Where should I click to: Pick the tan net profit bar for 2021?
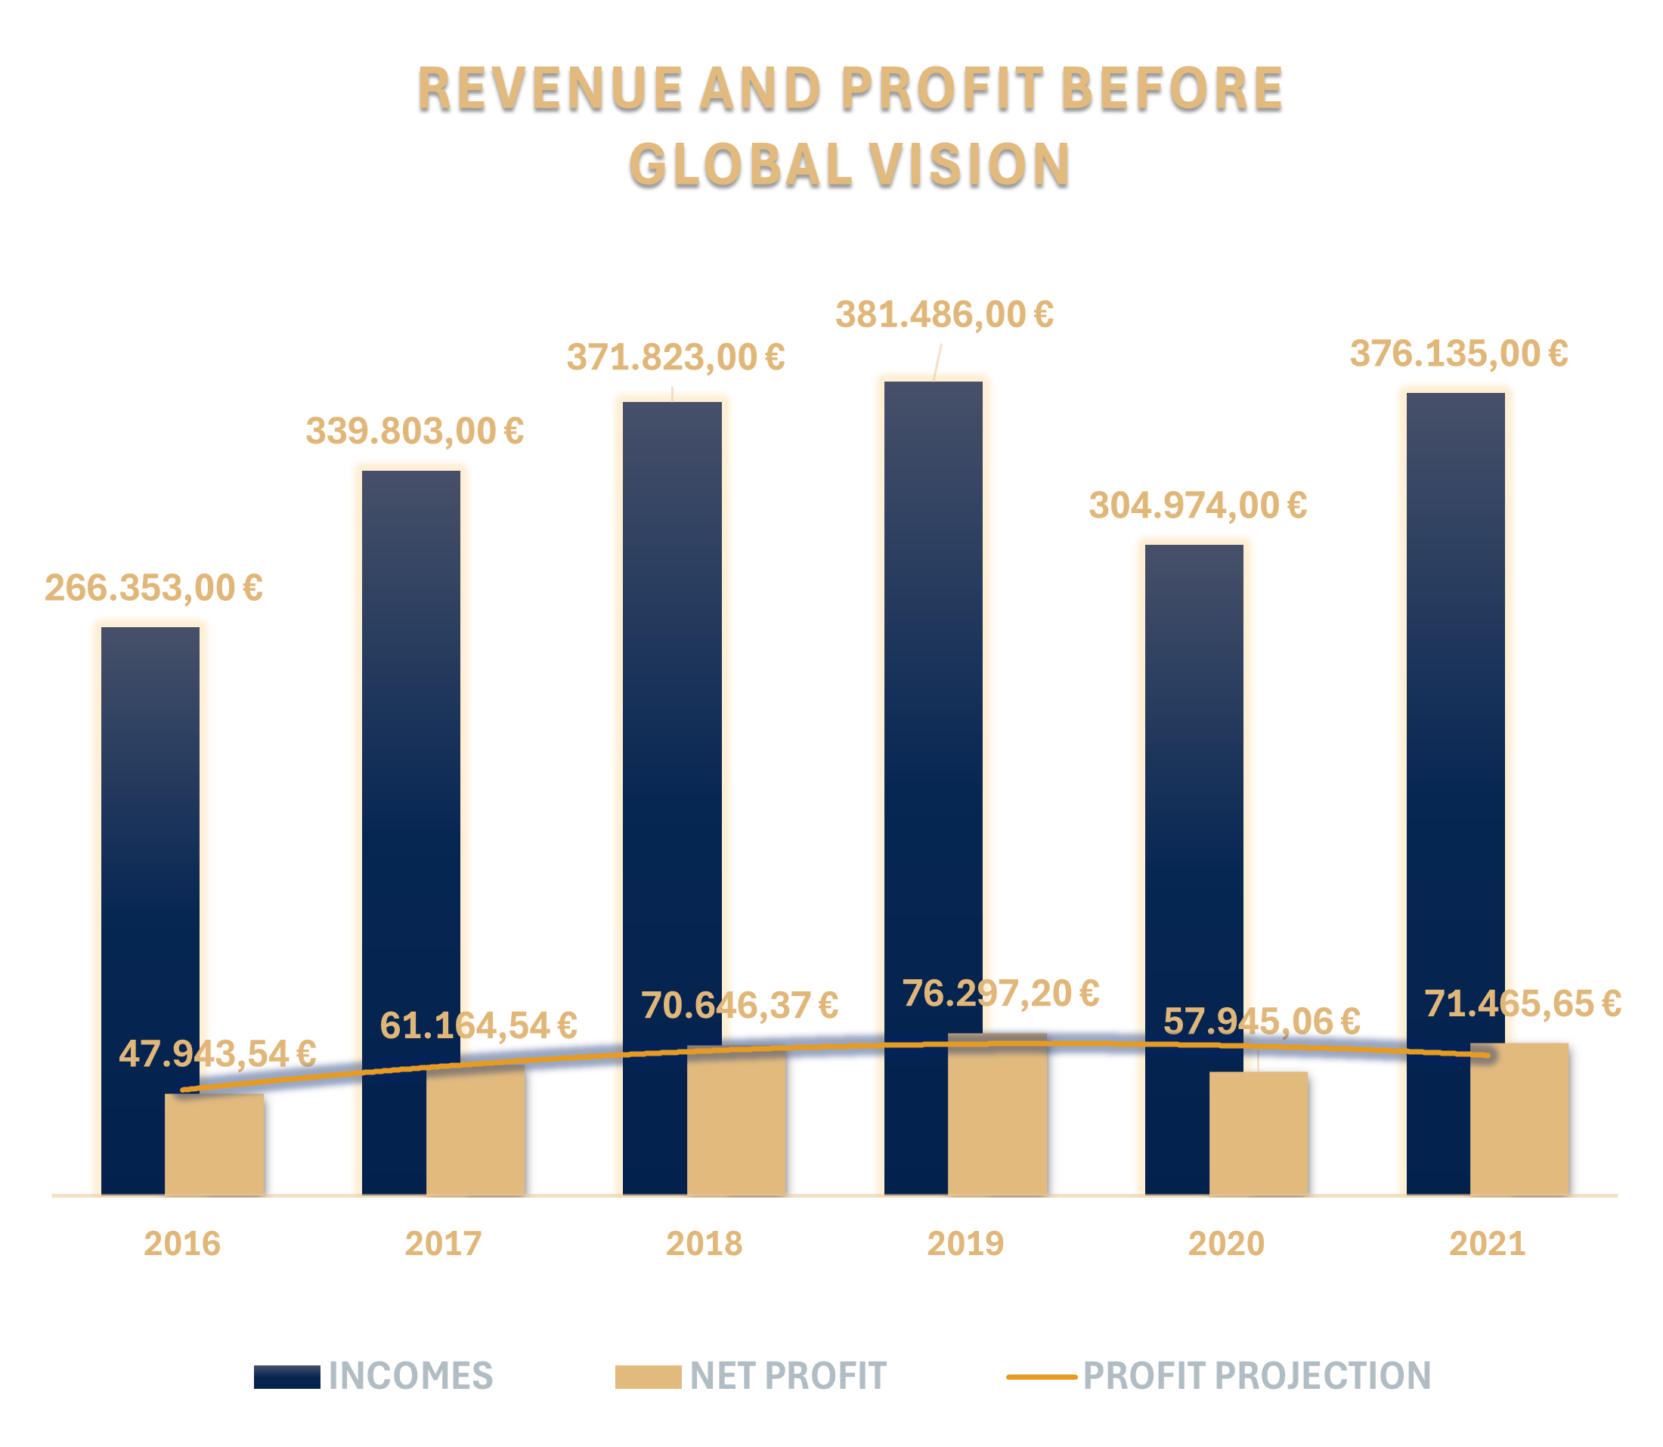tap(1519, 1122)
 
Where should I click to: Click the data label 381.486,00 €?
tap(944, 315)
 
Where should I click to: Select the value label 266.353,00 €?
tap(153, 588)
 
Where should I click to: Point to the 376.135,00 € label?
tap(1459, 354)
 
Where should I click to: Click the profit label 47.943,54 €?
tap(217, 1054)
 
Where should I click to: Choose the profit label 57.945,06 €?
tap(1262, 1022)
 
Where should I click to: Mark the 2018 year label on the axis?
tap(704, 1244)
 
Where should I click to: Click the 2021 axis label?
tap(1487, 1244)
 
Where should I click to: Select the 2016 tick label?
tap(181, 1244)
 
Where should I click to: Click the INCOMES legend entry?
tap(410, 1376)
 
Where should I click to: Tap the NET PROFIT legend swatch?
tap(648, 1377)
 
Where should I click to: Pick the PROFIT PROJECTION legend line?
tap(1041, 1377)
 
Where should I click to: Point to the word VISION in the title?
tap(970, 164)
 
